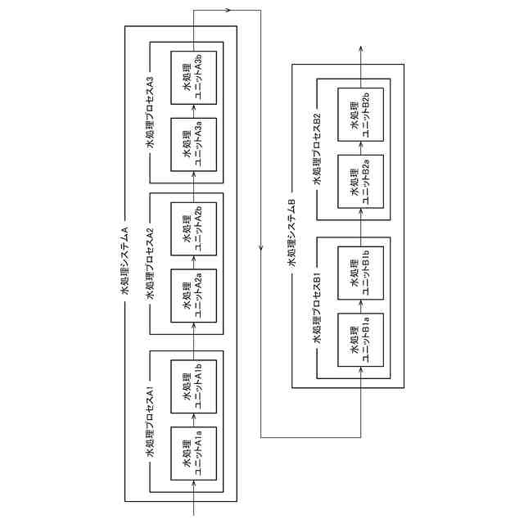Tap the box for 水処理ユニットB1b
(x=360, y=275)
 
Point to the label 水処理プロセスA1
(x=150, y=422)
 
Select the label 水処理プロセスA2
(x=150, y=262)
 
